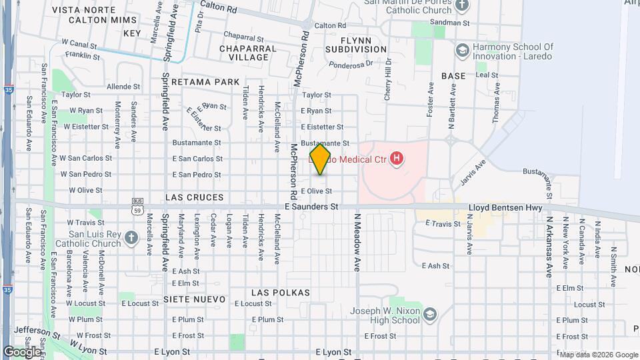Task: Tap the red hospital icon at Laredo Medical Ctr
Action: [x=397, y=159]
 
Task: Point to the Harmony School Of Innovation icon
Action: [x=461, y=50]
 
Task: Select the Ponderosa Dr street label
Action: [x=350, y=65]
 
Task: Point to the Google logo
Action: [x=23, y=351]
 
